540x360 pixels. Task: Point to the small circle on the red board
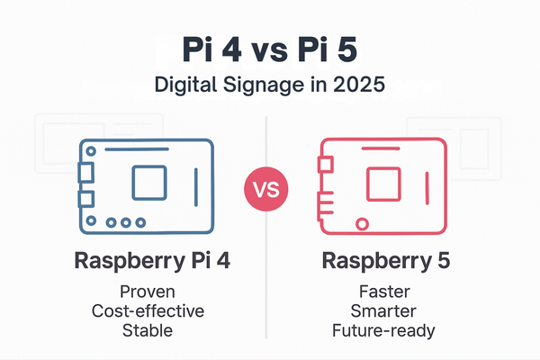click(x=362, y=222)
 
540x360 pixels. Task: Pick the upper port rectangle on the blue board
click(x=85, y=171)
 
